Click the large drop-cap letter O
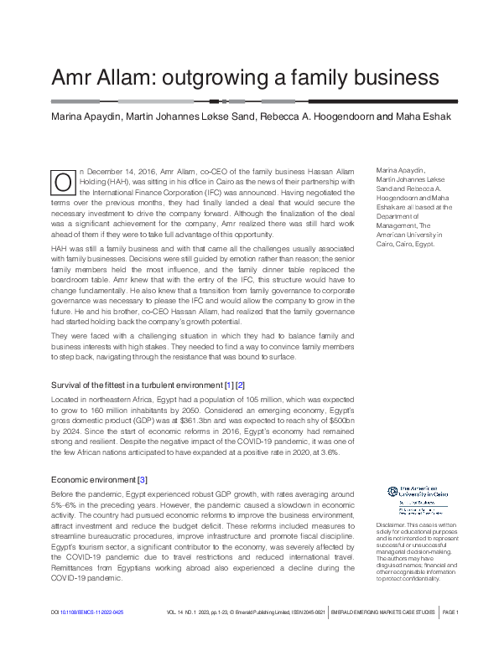[62, 183]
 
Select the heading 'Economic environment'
[93, 480]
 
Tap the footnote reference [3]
[143, 480]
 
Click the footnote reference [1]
[227, 385]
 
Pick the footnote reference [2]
[241, 385]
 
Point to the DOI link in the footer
[87, 637]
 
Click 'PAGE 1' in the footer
[450, 637]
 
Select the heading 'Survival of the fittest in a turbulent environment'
[133, 385]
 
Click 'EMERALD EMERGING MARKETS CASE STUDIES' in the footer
[385, 637]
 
